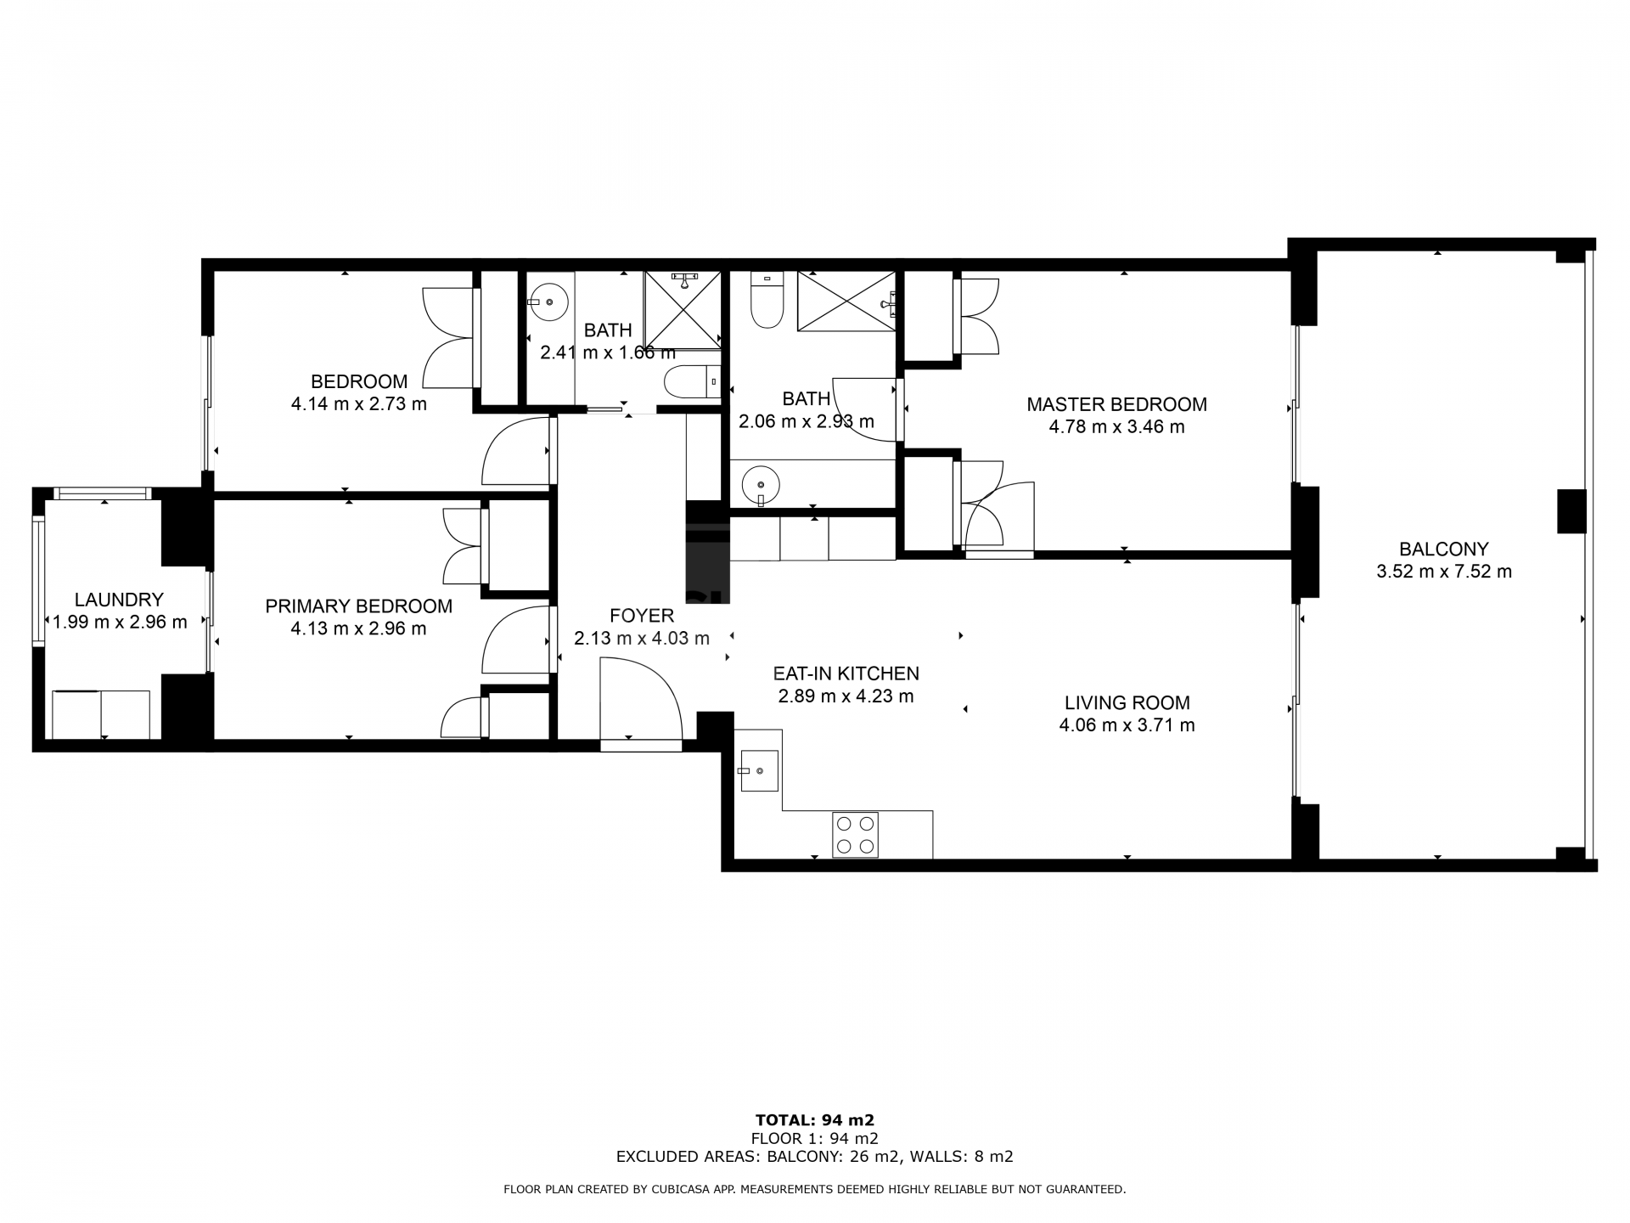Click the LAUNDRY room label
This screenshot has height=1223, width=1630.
[119, 600]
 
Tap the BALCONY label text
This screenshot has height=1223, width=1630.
[1443, 550]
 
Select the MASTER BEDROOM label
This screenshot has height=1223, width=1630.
[1116, 405]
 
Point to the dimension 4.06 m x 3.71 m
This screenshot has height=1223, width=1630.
[1127, 725]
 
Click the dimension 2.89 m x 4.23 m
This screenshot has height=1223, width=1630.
[846, 696]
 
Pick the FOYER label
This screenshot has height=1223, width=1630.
[642, 616]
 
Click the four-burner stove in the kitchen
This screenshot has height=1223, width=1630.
[855, 834]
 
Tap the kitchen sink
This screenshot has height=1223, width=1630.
[759, 770]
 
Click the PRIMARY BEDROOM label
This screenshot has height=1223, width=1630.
[358, 606]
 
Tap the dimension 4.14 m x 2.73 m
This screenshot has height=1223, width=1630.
[358, 404]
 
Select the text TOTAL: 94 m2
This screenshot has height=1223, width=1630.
[815, 1120]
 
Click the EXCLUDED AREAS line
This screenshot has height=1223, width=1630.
[815, 1156]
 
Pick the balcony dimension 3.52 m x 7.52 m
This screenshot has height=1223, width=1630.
[1443, 572]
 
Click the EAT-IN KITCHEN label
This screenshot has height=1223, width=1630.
[846, 673]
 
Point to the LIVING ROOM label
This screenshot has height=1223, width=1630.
[1127, 703]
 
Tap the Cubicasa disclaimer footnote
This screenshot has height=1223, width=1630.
[815, 1190]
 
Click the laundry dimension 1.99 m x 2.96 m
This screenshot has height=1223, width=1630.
[119, 623]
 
